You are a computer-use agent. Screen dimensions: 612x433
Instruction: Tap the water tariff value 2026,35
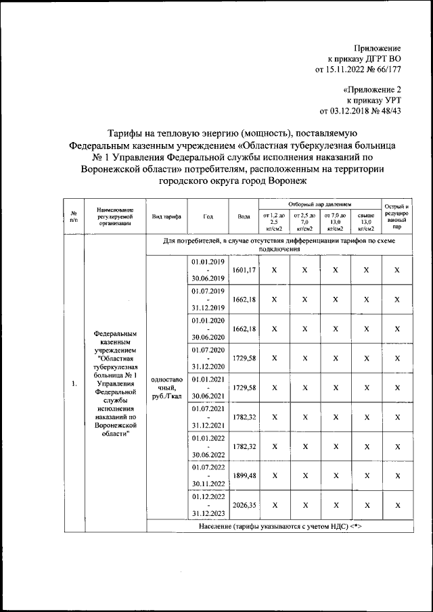point(244,504)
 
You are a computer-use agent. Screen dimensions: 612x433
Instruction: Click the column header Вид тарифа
point(166,216)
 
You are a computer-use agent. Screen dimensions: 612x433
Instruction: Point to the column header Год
point(208,216)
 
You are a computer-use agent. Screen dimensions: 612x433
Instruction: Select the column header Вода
point(244,216)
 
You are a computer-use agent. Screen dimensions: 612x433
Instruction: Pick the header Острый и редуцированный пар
point(397,216)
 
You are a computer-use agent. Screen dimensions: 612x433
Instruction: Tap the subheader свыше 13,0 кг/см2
point(366,221)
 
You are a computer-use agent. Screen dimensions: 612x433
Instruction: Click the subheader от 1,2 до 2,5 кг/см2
point(274,221)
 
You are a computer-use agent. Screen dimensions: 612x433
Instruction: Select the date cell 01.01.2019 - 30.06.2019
point(208,270)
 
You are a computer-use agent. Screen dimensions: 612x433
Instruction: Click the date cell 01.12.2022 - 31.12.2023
point(208,504)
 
